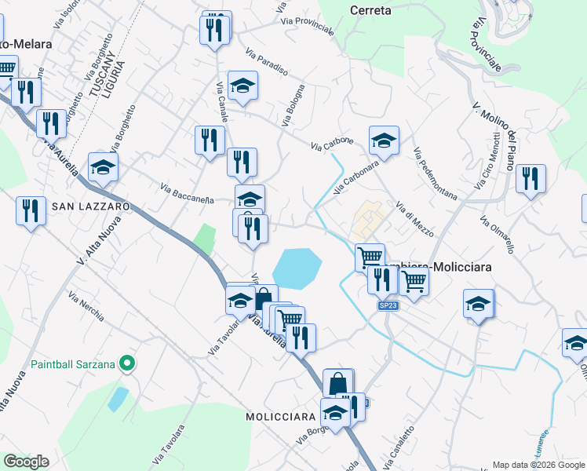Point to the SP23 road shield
pos(388,305)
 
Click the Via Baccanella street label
pos(187,193)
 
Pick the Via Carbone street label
pos(331,144)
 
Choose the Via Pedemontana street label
pos(434,173)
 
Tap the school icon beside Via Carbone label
pos(384,141)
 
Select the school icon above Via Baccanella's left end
pos(103,166)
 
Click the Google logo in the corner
pos(26,462)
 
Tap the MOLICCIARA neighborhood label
pos(280,416)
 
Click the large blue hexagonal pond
pos(298,268)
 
